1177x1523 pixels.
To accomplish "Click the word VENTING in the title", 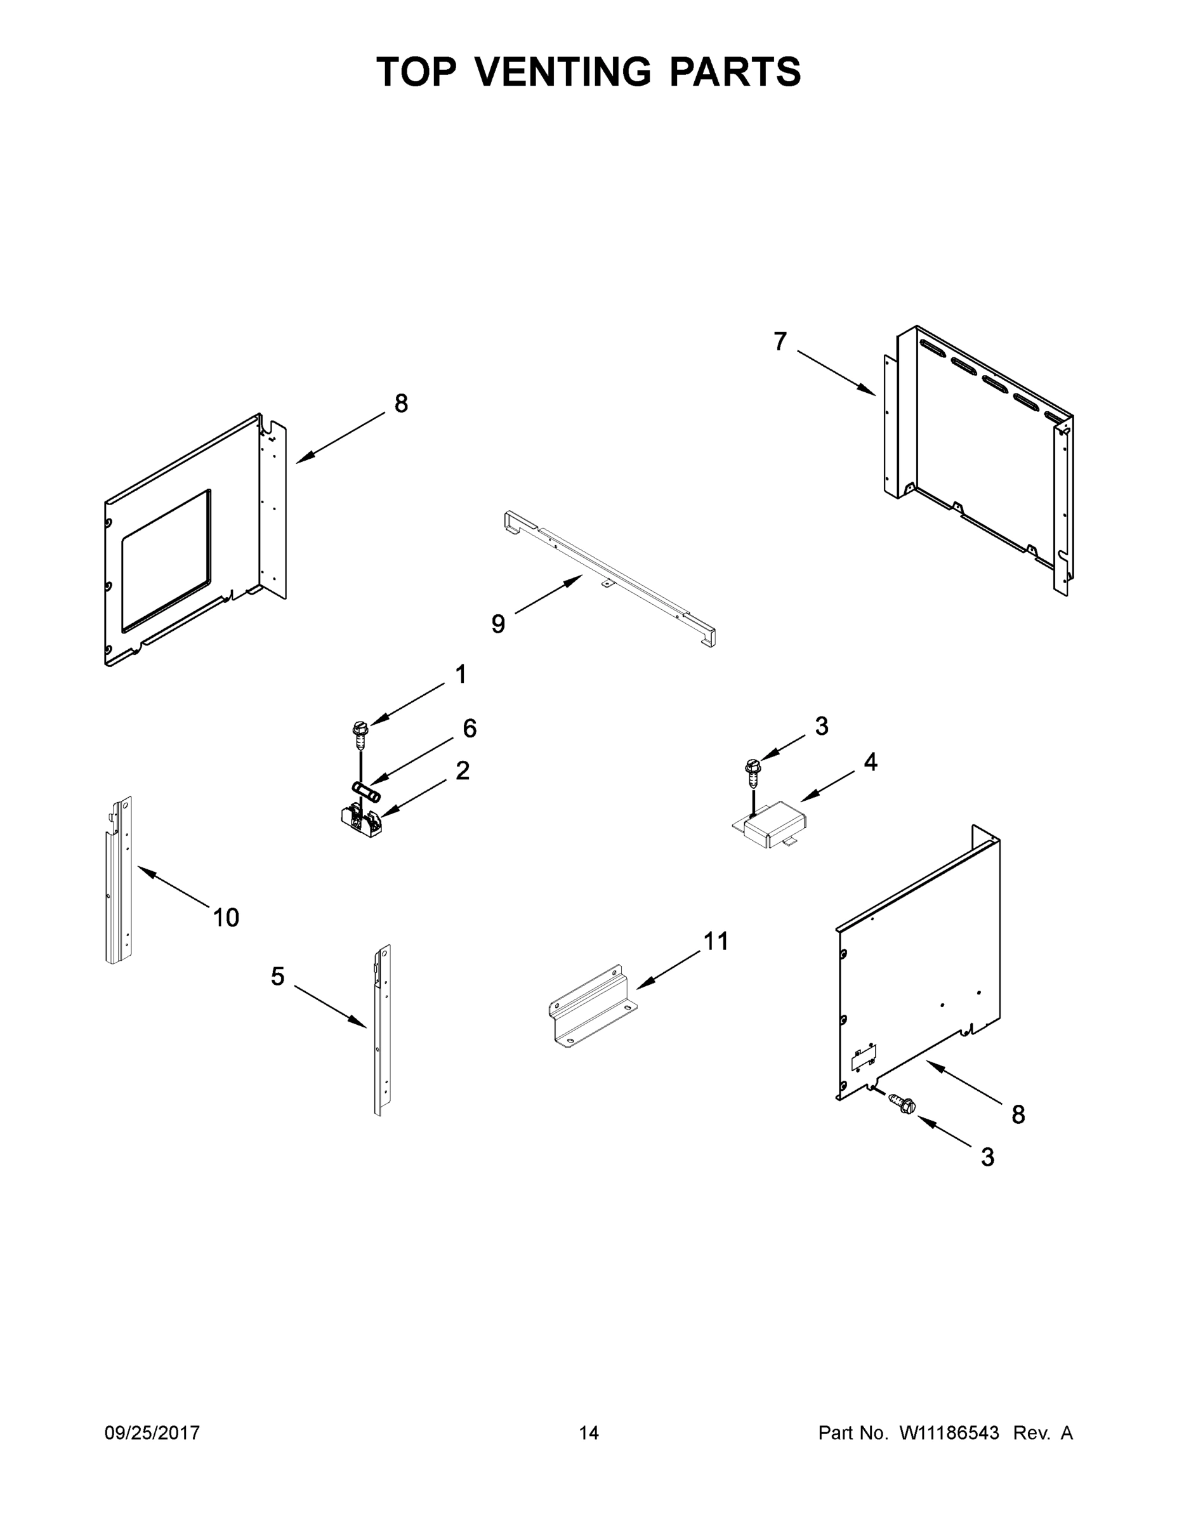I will point(564,72).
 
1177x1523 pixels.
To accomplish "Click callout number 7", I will point(780,341).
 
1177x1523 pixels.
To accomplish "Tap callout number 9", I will point(498,623).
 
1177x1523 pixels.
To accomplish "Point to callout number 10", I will point(226,918).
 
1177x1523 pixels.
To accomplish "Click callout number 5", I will point(277,976).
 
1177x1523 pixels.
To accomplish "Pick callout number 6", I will point(470,728).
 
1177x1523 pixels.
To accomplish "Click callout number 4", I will point(870,762).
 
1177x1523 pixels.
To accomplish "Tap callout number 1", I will point(460,675).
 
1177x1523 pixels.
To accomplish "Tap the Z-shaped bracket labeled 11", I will point(591,1007).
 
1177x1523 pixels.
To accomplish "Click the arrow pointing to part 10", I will point(174,887).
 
